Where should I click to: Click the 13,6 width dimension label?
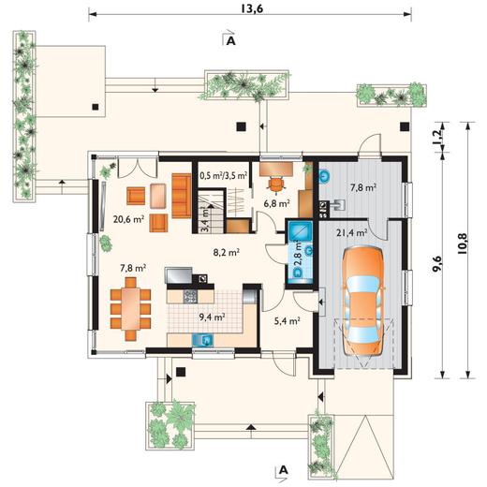point(252,8)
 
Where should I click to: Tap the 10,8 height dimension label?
point(463,243)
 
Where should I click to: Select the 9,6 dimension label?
point(437,264)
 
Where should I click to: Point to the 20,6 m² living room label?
point(128,219)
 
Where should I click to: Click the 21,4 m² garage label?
point(351,233)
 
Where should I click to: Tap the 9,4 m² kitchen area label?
point(213,317)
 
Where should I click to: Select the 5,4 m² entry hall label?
point(288,321)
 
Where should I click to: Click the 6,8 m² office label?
point(277,203)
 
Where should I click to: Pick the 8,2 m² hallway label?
point(227,252)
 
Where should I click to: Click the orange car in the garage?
point(362,301)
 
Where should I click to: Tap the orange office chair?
point(276,184)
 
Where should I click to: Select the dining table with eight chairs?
point(131,308)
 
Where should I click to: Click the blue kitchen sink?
point(203,340)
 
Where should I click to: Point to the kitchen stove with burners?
point(190,297)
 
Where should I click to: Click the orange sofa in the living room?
point(182,196)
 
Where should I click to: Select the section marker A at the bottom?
point(283,470)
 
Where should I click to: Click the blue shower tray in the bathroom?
point(300,231)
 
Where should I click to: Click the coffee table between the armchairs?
point(157,196)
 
